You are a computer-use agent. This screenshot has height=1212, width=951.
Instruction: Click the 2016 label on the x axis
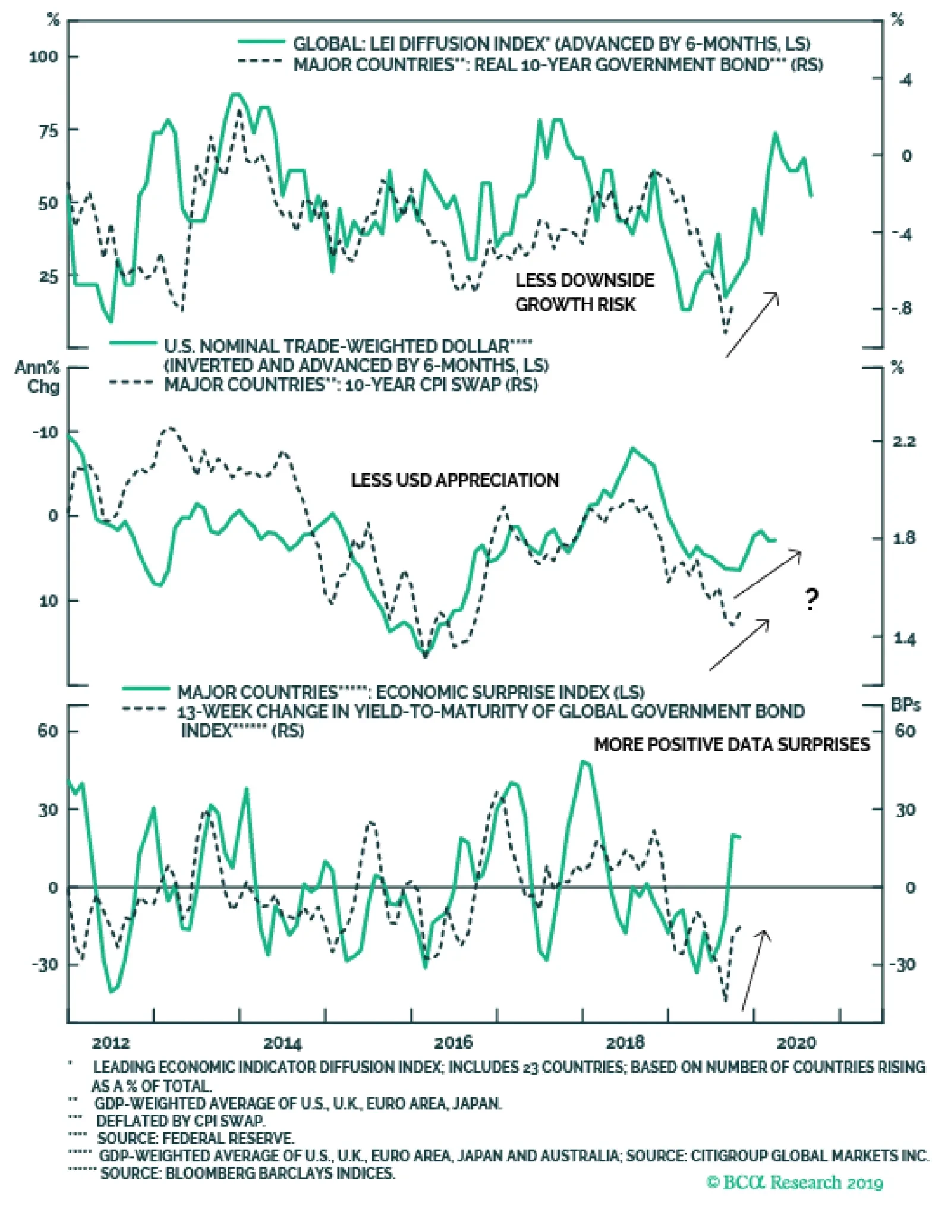point(454,1042)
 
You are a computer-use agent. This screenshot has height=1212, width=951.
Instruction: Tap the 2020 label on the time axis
point(796,1042)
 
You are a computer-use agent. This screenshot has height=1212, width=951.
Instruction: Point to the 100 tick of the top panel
point(43,57)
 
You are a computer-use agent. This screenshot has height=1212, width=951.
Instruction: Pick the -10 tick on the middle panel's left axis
point(45,432)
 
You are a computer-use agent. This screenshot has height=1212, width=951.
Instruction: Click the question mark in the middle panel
point(811,599)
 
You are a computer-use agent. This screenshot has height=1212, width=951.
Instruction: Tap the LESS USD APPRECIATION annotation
point(455,480)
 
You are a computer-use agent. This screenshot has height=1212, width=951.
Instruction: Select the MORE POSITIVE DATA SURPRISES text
point(732,745)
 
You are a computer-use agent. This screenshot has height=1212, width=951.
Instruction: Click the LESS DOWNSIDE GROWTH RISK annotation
point(584,292)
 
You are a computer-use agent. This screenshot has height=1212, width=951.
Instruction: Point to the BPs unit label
point(905,705)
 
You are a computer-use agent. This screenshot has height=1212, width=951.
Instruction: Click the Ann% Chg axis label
point(37,377)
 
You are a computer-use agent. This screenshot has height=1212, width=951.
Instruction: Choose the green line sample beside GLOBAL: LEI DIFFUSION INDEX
point(262,42)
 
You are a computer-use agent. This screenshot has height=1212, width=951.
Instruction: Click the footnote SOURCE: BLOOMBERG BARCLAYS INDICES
point(247,1173)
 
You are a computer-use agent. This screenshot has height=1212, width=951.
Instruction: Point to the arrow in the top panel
point(752,325)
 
